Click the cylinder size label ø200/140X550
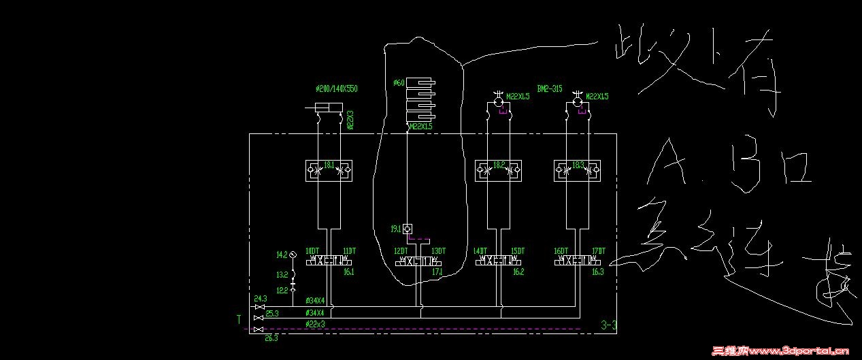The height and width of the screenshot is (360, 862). [x=337, y=89]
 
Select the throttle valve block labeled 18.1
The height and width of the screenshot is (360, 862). [x=329, y=167]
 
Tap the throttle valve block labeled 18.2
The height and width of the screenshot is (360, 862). [x=499, y=167]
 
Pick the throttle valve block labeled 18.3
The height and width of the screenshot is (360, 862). [x=578, y=167]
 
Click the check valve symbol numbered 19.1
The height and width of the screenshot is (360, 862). [x=407, y=229]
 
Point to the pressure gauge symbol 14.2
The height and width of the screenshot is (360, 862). [x=293, y=255]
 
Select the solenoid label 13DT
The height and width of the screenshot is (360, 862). [x=438, y=251]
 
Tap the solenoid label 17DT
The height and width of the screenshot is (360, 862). [x=599, y=251]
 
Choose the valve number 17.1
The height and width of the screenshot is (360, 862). [x=437, y=272]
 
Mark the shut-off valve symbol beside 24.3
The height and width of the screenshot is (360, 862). [x=259, y=308]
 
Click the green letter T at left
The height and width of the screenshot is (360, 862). [x=239, y=318]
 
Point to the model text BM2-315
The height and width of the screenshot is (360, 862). [x=550, y=89]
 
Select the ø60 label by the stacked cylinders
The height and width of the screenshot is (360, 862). [x=399, y=83]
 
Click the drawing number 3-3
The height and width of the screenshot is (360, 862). [x=608, y=325]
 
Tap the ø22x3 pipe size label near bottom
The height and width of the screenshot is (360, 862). [x=316, y=323]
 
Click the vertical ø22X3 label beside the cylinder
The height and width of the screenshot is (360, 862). [x=350, y=120]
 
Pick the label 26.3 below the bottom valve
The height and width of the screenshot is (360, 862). [x=271, y=338]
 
